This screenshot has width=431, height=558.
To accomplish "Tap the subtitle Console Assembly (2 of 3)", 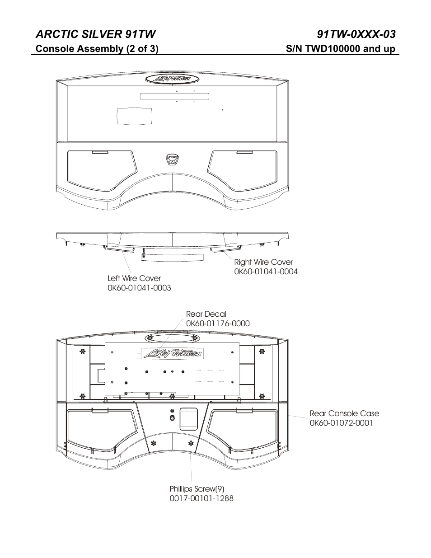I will coord(97,49).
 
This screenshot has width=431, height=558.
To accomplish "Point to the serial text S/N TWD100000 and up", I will coord(341,49).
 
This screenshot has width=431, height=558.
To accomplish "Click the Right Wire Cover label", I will coord(263,262).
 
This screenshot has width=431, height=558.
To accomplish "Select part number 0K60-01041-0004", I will coord(266,272).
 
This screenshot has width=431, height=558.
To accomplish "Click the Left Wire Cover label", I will coord(134,278).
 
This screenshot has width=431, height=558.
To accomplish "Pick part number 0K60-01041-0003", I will coord(139,288).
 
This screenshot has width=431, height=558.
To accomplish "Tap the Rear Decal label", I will coord(206,314).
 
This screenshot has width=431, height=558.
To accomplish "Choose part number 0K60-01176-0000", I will coord(218,324).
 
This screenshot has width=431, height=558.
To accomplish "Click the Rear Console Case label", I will coord(344,413).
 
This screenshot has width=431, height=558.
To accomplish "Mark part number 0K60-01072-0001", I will coord(341,423).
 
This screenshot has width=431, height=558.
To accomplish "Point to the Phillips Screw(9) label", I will coord(197,489).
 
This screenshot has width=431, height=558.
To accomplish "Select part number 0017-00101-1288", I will coord(201,499).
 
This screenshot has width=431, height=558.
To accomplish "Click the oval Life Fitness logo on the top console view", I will coord(173,79).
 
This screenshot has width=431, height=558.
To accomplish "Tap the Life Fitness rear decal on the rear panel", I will coord(172,353).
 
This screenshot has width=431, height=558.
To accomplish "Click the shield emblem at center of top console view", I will coord(173,159).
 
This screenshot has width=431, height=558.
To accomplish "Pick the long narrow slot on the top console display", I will coord(174,96).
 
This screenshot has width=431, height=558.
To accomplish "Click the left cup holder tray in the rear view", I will coord(101,431).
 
